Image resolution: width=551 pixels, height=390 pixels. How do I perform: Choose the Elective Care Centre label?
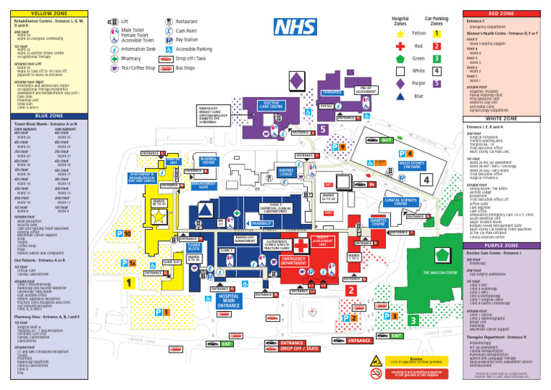tap(271, 105)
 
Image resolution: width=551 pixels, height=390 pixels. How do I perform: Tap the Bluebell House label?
tap(208, 160)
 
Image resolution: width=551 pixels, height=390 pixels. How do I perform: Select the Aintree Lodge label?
tap(286, 172)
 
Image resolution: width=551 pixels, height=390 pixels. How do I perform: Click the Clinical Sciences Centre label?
tap(401, 202)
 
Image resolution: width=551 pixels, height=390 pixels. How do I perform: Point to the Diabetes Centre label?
tap(378, 223)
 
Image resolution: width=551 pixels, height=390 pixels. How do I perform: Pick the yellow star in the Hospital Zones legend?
tap(400, 33)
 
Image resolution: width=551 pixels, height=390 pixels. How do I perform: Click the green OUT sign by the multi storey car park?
tap(386, 140)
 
